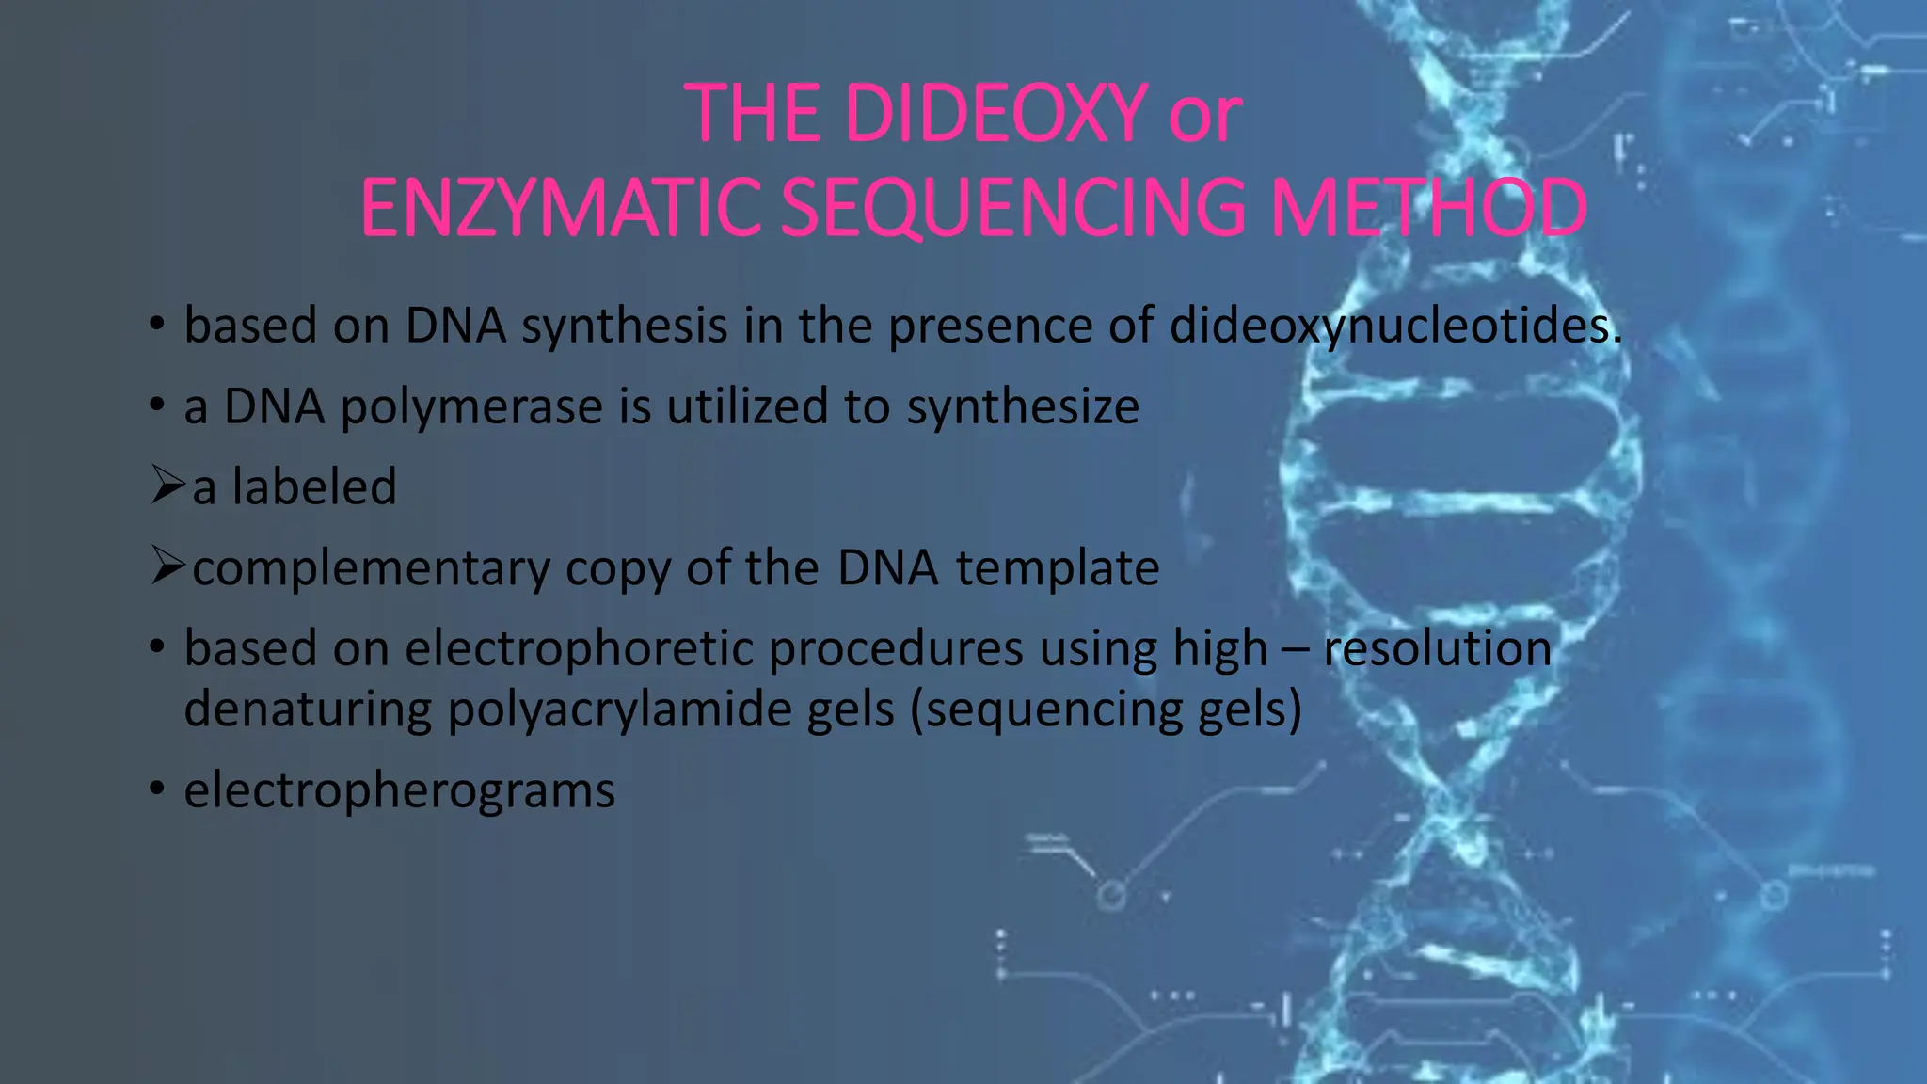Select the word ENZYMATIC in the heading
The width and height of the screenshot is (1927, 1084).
[561, 208]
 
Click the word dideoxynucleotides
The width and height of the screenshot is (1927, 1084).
[1395, 327]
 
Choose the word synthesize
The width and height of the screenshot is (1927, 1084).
[1023, 407]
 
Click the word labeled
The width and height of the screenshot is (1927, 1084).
[314, 487]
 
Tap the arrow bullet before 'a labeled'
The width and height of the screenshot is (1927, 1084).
[167, 486]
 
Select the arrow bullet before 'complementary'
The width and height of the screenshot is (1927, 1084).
[167, 566]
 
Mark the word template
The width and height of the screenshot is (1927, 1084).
[1058, 568]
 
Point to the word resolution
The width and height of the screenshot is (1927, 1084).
[1437, 649]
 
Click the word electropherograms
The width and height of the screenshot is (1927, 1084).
[399, 790]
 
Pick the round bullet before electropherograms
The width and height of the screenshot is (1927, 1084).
[157, 789]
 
